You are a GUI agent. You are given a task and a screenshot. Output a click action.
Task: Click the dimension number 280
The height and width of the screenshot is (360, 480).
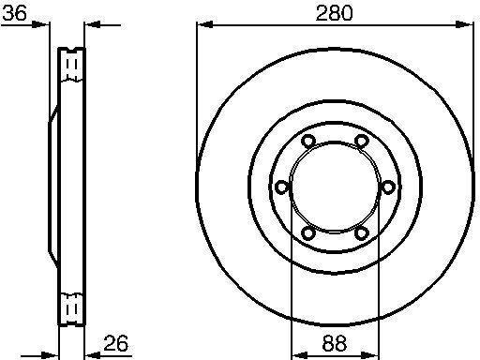334,13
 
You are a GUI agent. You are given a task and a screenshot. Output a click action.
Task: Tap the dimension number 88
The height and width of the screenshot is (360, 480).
334,343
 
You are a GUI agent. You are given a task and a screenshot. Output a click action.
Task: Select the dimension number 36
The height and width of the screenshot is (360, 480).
14,13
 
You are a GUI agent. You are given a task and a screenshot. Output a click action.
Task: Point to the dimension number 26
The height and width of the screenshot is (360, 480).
115,343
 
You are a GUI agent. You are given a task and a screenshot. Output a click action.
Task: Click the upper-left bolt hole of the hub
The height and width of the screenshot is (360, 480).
308,141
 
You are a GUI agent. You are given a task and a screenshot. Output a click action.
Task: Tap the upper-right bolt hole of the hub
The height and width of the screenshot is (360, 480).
362,141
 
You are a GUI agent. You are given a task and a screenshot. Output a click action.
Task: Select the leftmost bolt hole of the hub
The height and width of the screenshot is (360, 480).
281,187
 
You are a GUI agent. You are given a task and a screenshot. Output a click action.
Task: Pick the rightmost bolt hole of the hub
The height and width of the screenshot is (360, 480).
387,187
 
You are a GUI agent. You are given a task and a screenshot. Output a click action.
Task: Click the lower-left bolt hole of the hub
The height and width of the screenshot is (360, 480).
308,233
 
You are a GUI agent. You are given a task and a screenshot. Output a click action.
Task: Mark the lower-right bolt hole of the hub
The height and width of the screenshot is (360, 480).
362,233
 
